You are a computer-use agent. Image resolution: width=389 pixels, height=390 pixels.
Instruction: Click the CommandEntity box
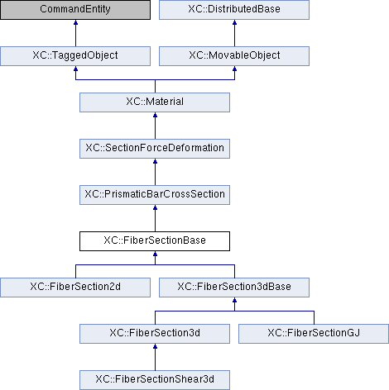tap(75, 10)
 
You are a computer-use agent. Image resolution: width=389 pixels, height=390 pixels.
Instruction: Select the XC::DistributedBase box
tap(234, 10)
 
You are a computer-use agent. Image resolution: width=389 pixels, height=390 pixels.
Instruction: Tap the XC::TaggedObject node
tap(75, 56)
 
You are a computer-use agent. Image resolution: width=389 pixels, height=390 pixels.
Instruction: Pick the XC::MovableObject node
tap(234, 56)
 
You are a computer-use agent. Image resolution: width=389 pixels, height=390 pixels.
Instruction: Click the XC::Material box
tap(155, 102)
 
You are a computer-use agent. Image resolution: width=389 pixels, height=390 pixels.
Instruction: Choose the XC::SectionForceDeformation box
tap(155, 149)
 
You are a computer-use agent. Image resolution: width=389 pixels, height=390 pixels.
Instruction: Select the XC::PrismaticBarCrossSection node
tap(155, 195)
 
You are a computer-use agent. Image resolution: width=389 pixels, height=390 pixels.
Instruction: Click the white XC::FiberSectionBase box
tap(155, 241)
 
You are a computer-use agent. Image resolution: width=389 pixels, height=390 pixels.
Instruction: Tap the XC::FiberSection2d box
tap(75, 288)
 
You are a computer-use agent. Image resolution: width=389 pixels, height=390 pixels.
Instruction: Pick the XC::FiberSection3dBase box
tap(234, 288)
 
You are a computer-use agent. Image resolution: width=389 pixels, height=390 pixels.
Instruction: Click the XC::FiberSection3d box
tap(155, 334)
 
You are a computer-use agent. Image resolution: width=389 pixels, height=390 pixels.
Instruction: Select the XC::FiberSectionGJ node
tap(314, 334)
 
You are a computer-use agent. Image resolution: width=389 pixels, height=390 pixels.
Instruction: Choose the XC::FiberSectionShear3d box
tap(155, 380)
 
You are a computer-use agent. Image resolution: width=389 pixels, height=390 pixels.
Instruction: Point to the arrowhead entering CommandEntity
tap(75, 22)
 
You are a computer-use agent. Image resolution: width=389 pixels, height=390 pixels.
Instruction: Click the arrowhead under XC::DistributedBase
tap(234, 22)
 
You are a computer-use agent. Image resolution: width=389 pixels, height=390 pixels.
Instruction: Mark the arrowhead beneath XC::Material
tap(155, 115)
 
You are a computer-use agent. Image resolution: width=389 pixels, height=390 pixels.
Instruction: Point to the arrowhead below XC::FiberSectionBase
tap(155, 254)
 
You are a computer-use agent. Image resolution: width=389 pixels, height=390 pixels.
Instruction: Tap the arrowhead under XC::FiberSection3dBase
tap(234, 300)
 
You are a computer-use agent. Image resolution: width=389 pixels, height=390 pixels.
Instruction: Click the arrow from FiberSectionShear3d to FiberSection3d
tap(155, 357)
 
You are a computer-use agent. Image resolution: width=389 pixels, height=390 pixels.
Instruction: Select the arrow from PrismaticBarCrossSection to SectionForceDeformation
tap(155, 172)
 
